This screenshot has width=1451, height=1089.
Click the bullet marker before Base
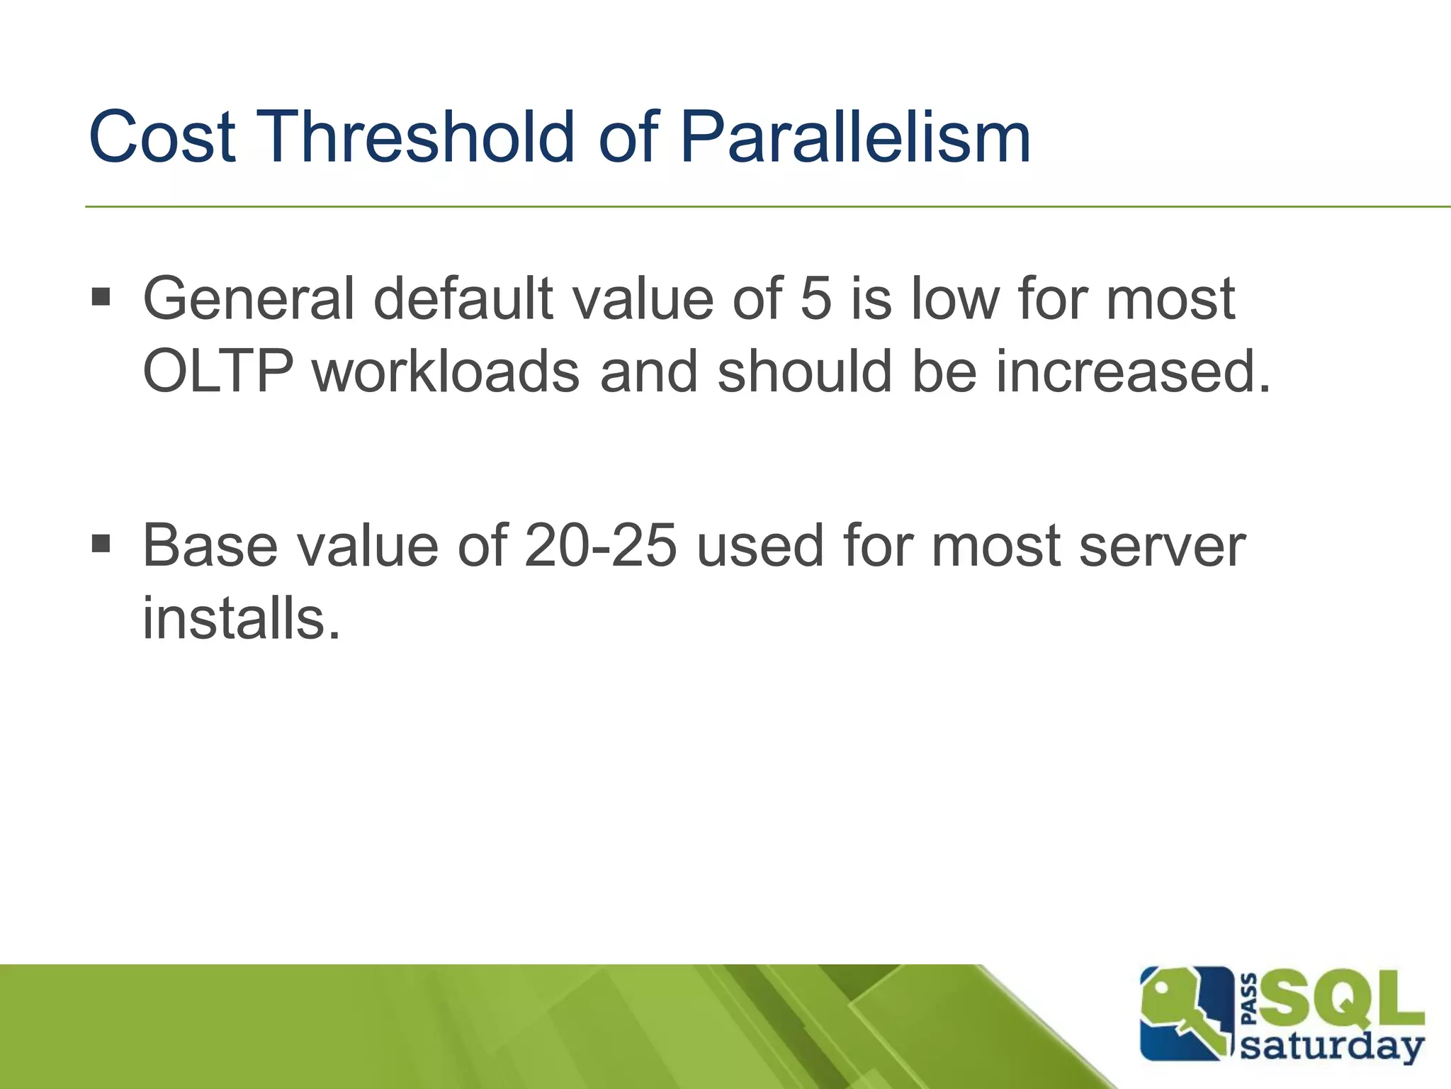click(101, 544)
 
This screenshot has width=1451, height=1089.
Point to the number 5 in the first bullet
click(815, 298)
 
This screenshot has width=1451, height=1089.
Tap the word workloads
click(446, 371)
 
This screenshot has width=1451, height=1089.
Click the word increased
click(1133, 371)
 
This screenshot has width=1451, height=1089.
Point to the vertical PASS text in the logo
click(1250, 1000)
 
